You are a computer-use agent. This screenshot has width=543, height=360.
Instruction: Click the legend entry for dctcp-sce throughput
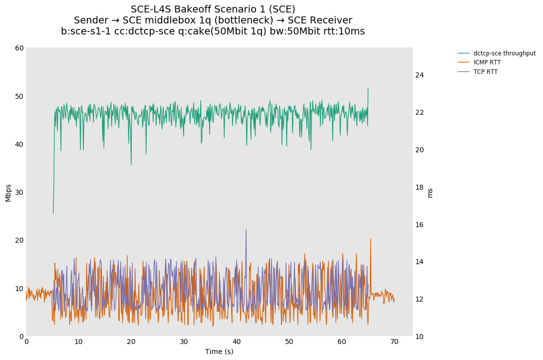point(504,53)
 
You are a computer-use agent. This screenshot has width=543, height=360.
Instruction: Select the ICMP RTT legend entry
point(487,62)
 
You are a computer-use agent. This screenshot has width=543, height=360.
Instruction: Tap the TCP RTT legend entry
point(485,72)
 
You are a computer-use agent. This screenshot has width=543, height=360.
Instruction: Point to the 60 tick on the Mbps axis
point(19,48)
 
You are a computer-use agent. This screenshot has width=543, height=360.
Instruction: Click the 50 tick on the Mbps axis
point(19,96)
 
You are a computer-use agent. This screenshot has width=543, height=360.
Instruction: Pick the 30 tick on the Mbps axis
point(19,192)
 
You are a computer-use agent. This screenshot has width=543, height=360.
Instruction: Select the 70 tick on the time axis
point(394,342)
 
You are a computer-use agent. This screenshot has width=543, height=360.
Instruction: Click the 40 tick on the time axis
point(237,342)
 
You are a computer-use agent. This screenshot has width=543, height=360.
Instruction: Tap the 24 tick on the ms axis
point(419,75)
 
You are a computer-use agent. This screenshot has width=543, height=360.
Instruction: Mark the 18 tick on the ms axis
point(419,188)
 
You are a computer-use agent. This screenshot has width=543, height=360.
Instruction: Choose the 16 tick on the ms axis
point(419,225)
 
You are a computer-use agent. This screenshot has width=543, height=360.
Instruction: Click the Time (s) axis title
point(219,352)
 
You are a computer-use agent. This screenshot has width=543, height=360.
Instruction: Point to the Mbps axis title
point(8,193)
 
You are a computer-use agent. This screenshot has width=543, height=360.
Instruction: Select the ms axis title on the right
point(430,193)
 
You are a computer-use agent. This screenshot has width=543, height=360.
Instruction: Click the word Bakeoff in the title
point(194,9)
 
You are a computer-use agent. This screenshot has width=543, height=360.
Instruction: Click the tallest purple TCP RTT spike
point(246,229)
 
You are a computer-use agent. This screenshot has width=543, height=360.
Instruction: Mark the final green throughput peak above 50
point(368,89)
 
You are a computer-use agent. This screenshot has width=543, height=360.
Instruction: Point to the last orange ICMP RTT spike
point(370,239)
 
